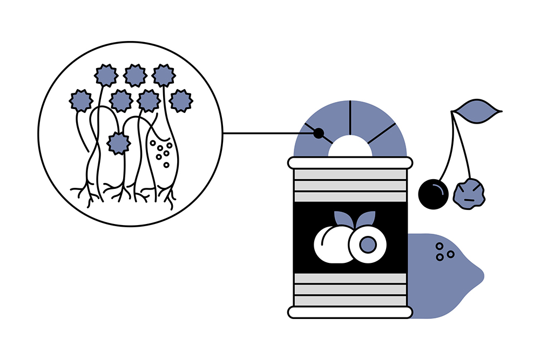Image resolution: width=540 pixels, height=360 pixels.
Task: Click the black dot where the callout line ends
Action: [319, 133]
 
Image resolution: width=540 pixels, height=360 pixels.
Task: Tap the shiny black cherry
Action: [434, 193]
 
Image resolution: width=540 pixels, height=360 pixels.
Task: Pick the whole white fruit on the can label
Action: [331, 244]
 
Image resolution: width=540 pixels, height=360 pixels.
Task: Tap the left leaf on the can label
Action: [342, 219]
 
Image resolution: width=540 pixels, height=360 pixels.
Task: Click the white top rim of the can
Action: [350, 162]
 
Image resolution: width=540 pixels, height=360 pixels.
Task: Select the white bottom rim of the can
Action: [350, 312]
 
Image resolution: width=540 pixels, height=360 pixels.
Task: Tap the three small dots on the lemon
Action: [444, 252]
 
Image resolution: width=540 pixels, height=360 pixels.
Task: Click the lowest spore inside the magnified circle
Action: [118, 143]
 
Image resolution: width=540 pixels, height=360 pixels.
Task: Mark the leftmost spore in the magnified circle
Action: [82, 100]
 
